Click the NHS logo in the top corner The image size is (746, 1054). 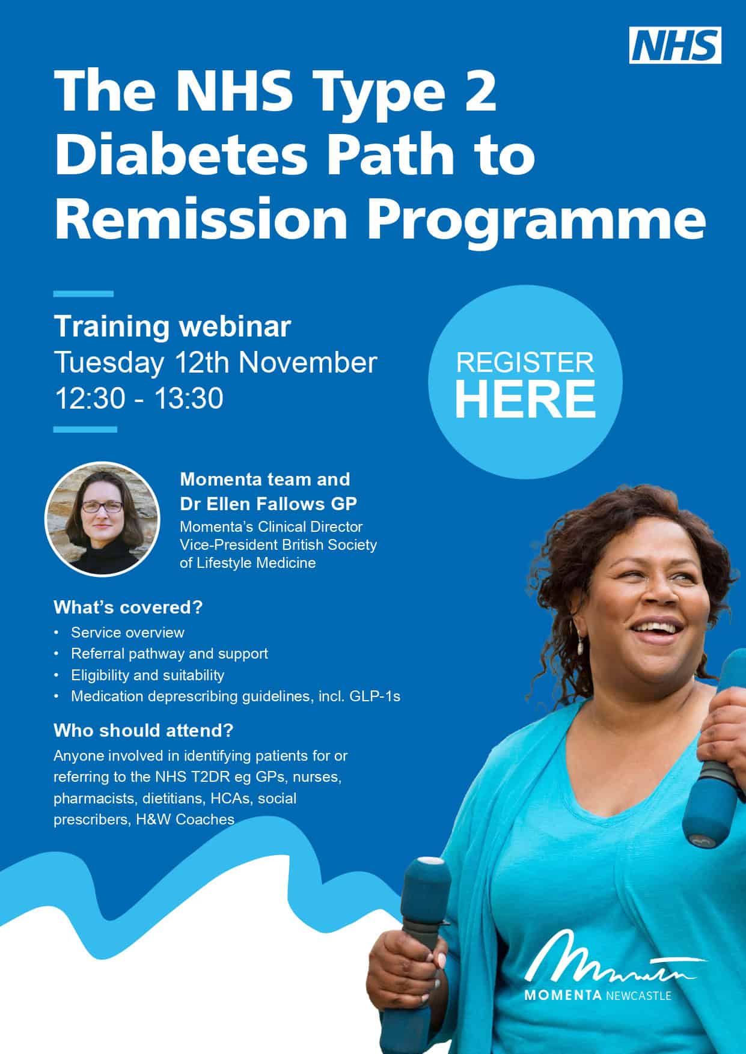coord(675,45)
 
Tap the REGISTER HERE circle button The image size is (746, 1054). coord(525,383)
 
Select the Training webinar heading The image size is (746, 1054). coord(173,326)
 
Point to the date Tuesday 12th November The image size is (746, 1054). coord(216,362)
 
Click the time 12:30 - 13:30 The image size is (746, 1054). coord(139,398)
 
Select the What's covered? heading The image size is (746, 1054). coord(128,607)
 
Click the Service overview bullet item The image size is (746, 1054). coord(127,632)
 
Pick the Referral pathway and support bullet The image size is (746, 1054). coord(170,654)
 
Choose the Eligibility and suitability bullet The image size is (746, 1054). coord(147,675)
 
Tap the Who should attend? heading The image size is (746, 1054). coord(143,731)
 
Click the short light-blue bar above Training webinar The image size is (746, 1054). coord(84,294)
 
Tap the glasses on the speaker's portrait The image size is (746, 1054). coord(102,506)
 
